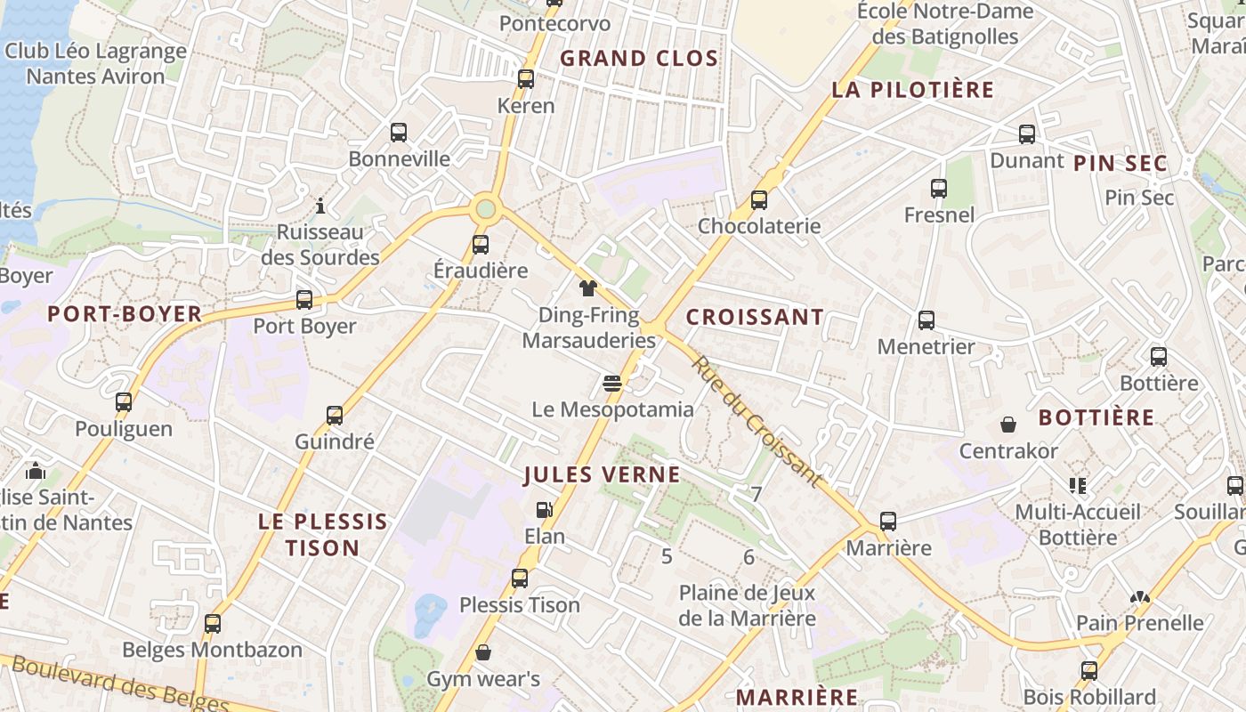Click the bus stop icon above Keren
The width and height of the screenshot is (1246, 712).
526,78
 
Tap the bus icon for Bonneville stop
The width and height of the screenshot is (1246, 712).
399,133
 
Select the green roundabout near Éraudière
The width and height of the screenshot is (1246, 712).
485,209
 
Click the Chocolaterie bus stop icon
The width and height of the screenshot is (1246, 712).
759,199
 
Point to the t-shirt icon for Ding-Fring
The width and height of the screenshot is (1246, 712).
588,287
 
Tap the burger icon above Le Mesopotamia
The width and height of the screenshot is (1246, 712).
611,383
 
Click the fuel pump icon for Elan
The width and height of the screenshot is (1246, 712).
544,510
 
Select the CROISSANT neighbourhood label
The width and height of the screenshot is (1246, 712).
755,318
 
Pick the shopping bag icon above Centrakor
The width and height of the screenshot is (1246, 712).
1008,425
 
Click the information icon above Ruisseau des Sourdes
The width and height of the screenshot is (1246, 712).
320,206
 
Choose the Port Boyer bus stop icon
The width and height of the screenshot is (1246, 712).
304,300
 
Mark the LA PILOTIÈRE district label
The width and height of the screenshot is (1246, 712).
912,90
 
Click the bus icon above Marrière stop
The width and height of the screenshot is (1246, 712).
888,522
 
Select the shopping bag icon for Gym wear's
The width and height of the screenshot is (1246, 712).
483,653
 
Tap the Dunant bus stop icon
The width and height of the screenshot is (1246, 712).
1027,134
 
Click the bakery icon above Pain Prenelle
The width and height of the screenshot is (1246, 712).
1139,597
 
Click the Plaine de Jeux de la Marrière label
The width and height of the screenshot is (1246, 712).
747,605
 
